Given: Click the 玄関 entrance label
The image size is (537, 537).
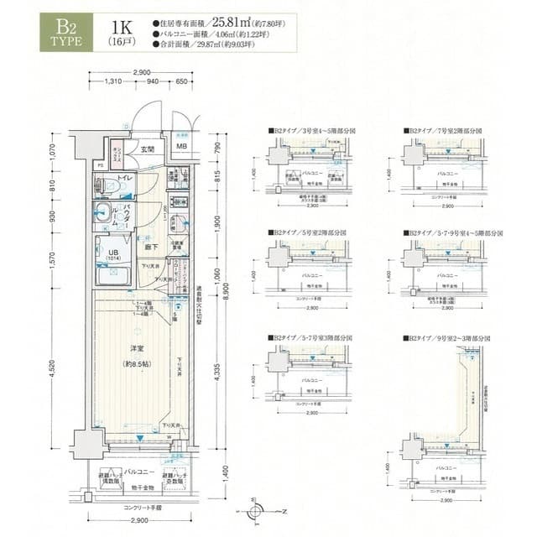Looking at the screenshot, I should pos(148,149).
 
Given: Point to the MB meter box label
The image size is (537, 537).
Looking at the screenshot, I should pos(181,149).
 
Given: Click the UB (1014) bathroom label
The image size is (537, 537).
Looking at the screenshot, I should pos(112,254).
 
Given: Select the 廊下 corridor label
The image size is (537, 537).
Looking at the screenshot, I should pos(152,248).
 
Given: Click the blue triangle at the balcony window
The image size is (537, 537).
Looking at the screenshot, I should pos(143,437).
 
